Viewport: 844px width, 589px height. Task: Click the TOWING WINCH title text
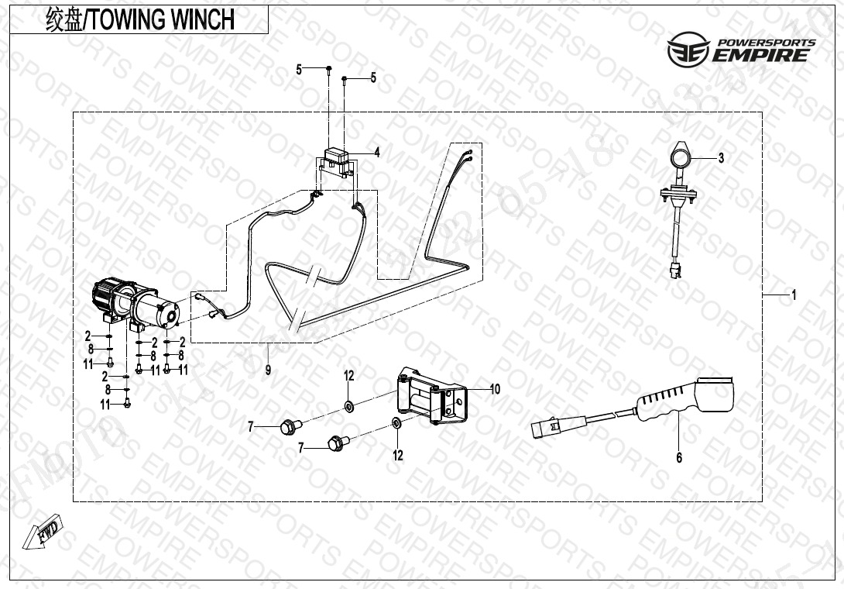pyautogui.click(x=139, y=20)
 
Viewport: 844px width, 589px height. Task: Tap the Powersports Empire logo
pyautogui.click(x=741, y=50)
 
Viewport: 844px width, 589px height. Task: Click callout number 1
pyautogui.click(x=794, y=295)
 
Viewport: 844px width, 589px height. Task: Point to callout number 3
pyautogui.click(x=721, y=159)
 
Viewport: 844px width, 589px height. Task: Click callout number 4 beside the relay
pyautogui.click(x=376, y=153)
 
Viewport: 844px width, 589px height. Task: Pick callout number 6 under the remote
pyautogui.click(x=679, y=458)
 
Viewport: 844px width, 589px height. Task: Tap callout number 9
pyautogui.click(x=268, y=370)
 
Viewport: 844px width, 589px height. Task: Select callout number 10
pyautogui.click(x=495, y=389)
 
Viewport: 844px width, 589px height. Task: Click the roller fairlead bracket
pyautogui.click(x=431, y=396)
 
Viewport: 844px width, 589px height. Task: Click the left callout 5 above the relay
pyautogui.click(x=299, y=71)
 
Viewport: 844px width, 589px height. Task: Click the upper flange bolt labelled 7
pyautogui.click(x=291, y=425)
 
